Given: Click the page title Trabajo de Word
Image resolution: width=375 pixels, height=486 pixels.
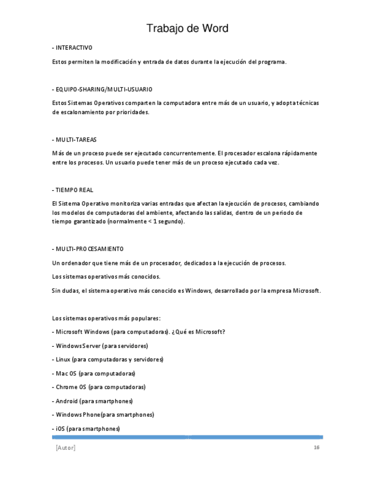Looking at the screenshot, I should click(187, 28).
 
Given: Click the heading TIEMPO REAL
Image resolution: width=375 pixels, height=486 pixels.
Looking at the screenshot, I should click(73, 190).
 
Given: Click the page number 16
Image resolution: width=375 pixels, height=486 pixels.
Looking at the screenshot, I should click(316, 448).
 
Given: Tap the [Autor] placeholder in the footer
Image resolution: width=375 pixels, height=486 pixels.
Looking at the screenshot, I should click(65, 448).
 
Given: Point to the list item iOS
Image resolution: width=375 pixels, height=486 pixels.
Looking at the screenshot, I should click(86, 429).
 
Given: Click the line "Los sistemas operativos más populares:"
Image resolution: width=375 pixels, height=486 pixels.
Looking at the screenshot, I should click(106, 318).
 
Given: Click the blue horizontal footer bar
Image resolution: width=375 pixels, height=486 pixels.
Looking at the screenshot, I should click(187, 437).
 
